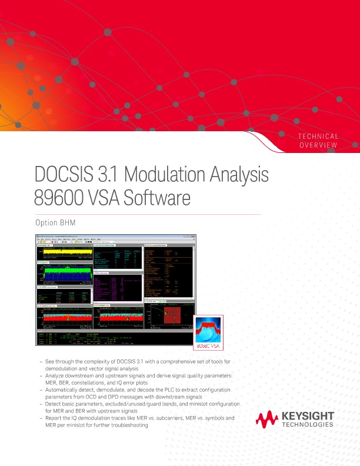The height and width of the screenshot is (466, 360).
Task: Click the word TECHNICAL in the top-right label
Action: [318, 137]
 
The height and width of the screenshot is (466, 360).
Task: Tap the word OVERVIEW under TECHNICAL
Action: [318, 145]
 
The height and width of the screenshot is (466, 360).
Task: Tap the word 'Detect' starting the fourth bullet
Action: [53, 404]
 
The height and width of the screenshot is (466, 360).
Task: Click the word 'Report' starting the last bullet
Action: [54, 418]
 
